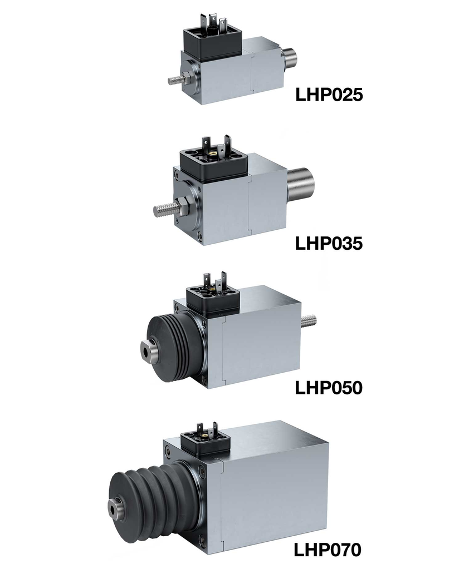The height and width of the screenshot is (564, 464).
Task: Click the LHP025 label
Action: coord(329,95)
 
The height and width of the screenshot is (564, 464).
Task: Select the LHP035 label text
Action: coord(329,243)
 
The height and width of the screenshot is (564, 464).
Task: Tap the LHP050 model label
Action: coord(329,388)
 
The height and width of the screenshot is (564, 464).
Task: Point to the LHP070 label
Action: coord(328,550)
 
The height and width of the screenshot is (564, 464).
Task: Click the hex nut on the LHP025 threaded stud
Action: coord(188,77)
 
